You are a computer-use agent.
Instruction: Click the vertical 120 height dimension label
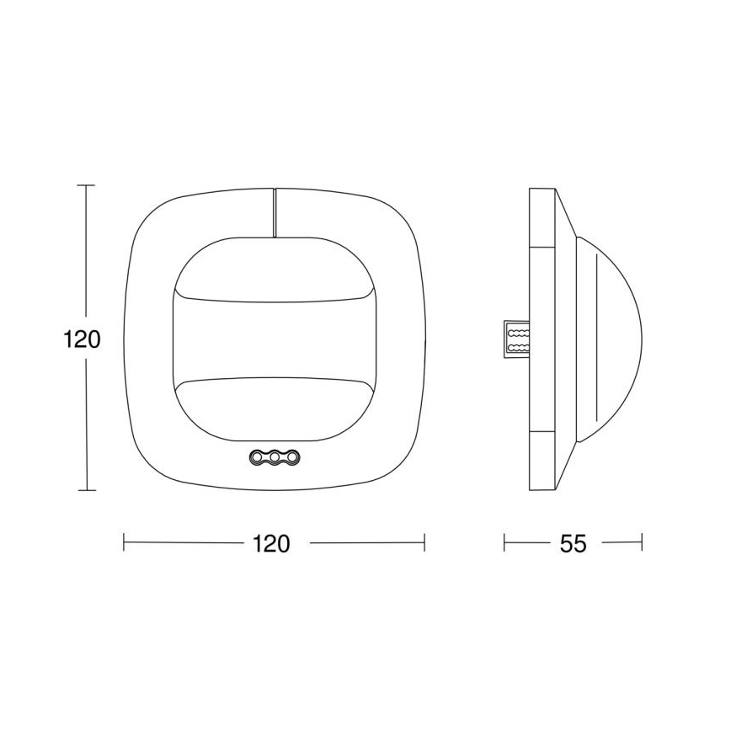83,339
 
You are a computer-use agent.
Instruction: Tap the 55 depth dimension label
573,543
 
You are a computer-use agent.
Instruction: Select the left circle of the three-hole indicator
257,457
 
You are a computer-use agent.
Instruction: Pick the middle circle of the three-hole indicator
274,457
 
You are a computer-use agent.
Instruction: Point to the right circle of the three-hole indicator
291,457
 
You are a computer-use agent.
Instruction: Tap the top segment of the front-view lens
274,268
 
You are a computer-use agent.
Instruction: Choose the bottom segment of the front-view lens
274,408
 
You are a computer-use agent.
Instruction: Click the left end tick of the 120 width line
124,543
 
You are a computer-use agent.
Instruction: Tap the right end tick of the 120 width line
424,543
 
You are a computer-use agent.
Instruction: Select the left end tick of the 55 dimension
504,543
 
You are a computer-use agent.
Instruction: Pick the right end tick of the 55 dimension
643,543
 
